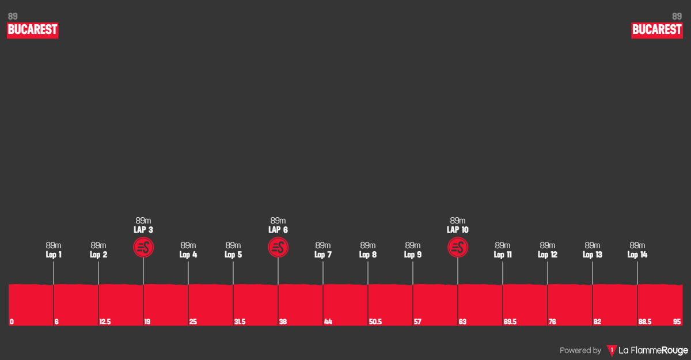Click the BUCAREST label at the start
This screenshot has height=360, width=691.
pos(33,30)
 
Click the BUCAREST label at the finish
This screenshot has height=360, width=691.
pos(656,30)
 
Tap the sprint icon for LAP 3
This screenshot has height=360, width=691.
pos(143,248)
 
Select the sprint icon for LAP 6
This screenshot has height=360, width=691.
pos(278,248)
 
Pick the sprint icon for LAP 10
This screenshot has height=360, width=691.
pos(458,248)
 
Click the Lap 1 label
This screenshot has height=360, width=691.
pos(54,255)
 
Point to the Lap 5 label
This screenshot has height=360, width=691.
pos(233,255)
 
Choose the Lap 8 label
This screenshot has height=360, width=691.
pos(368,255)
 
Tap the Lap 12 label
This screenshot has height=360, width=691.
pos(548,255)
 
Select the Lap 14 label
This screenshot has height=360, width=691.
pos(637,255)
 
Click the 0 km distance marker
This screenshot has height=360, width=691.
pos(12,322)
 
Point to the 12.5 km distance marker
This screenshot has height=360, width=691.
pos(105,322)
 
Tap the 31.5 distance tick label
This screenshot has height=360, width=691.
pos(240,322)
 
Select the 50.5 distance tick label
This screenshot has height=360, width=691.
pos(375,322)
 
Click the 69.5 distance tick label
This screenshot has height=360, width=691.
pos(510,322)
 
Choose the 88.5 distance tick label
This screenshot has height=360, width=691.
pos(644,322)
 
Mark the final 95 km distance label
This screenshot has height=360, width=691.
pos(676,322)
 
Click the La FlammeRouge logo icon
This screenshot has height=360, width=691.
pos(612,350)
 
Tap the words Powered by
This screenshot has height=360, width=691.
pos(580,350)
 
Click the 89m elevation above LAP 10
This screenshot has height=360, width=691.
pos(458,221)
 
